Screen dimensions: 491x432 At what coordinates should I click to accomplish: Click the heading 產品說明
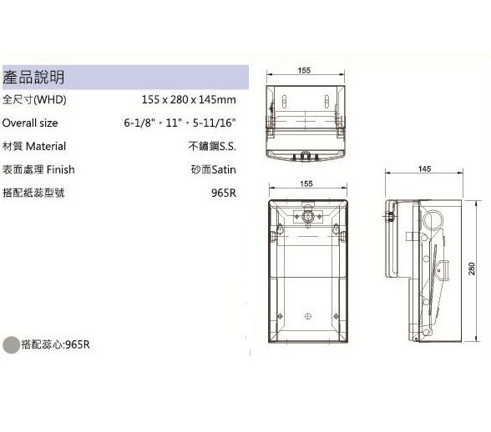click(x=33, y=77)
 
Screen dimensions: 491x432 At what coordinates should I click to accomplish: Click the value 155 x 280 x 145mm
click(x=189, y=100)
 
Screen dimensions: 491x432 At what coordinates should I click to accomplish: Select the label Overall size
click(x=30, y=123)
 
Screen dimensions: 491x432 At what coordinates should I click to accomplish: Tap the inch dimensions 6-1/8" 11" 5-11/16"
click(x=180, y=123)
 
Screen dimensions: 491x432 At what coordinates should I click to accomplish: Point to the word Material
click(x=46, y=146)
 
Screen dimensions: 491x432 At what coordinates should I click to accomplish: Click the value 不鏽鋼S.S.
click(x=212, y=146)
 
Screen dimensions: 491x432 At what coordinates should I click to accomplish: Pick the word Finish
click(x=61, y=169)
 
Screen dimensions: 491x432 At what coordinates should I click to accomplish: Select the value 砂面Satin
click(x=213, y=169)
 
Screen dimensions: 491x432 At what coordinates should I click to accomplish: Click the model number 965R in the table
click(x=224, y=193)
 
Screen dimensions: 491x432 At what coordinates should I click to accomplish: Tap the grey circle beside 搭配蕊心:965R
click(x=12, y=344)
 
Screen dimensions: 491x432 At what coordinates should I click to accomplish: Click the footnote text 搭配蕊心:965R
click(x=55, y=344)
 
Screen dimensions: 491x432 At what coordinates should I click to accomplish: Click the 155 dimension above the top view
click(x=304, y=70)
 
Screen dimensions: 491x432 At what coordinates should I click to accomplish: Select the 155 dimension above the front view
click(x=306, y=183)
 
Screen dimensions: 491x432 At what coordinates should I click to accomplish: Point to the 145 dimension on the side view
click(x=424, y=169)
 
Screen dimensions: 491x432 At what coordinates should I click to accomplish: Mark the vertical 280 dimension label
click(x=472, y=269)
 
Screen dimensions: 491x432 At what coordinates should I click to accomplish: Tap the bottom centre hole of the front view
click(x=308, y=316)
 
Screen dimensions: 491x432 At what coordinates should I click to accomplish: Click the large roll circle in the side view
click(x=433, y=220)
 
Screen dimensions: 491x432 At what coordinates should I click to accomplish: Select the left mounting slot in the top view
click(x=284, y=102)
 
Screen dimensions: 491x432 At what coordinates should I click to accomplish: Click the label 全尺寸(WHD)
click(x=34, y=100)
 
